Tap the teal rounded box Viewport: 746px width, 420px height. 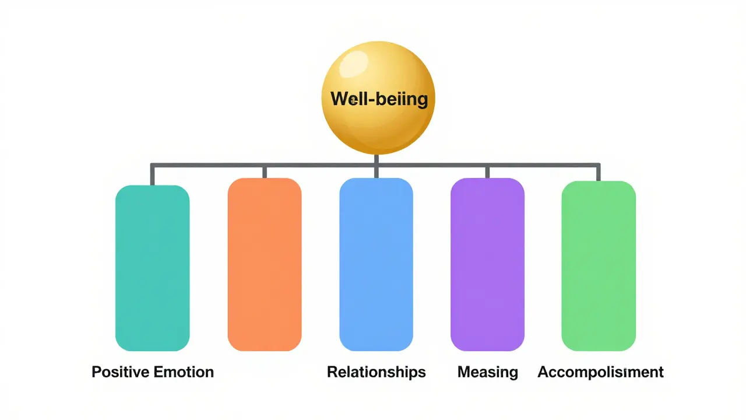[152, 268]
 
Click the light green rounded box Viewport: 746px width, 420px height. [598, 266]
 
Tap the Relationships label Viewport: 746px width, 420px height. [376, 372]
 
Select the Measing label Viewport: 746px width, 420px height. [487, 372]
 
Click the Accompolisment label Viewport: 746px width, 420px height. [600, 372]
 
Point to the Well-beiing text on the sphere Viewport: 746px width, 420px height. [379, 99]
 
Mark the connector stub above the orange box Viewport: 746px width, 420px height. [264, 171]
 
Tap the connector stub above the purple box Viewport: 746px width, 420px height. [487, 171]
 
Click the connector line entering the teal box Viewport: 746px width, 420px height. [152, 175]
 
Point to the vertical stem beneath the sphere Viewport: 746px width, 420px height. [376, 159]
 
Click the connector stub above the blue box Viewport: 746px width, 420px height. [376, 173]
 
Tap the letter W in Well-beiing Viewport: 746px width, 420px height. [337, 99]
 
